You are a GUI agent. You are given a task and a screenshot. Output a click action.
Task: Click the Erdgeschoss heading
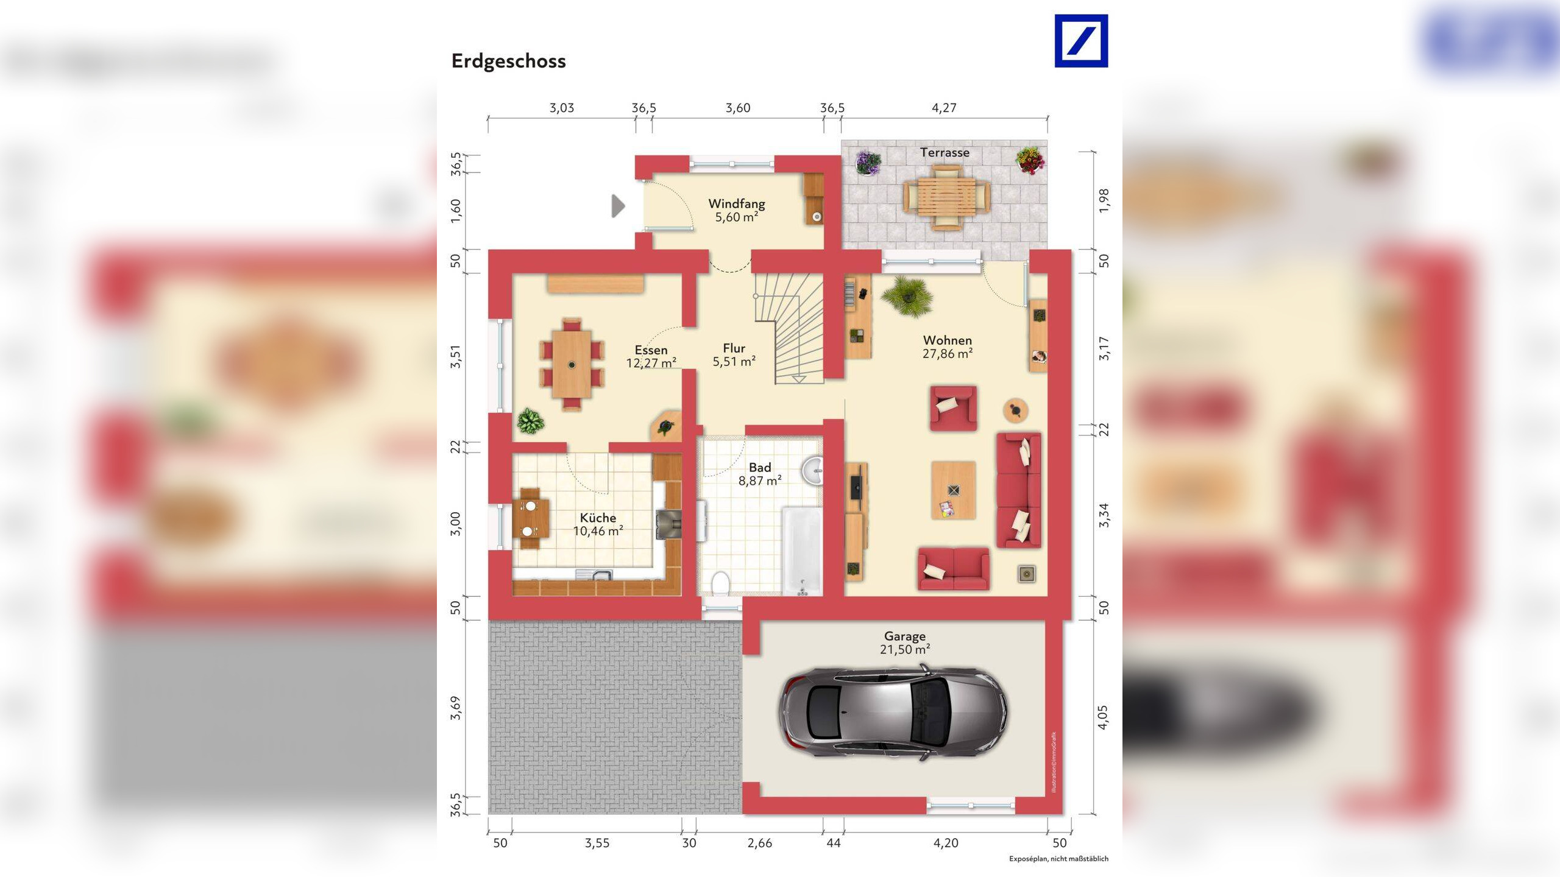(508, 61)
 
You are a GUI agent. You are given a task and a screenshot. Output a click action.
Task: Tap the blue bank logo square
(1081, 41)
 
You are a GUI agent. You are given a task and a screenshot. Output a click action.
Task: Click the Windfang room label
(736, 204)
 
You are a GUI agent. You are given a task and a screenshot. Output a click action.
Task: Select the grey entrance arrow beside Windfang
(618, 206)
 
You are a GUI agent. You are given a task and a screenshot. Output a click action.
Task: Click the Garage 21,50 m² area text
(904, 643)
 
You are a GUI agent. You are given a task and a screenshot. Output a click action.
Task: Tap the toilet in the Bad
(720, 583)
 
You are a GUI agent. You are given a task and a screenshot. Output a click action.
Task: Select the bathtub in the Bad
(802, 551)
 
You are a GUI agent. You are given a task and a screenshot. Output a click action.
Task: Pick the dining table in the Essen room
(572, 364)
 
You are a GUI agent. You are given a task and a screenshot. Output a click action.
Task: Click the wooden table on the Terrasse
(946, 197)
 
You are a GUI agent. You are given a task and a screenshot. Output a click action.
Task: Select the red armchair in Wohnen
(953, 407)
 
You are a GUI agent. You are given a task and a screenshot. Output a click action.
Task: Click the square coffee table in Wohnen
(953, 490)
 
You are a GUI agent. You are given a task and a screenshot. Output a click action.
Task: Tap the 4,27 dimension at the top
(943, 108)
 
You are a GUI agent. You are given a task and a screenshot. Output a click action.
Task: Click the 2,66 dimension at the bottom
(759, 843)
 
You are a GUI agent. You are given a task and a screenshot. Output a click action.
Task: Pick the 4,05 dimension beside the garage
(1103, 717)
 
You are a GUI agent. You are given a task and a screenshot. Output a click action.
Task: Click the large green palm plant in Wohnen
(907, 296)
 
